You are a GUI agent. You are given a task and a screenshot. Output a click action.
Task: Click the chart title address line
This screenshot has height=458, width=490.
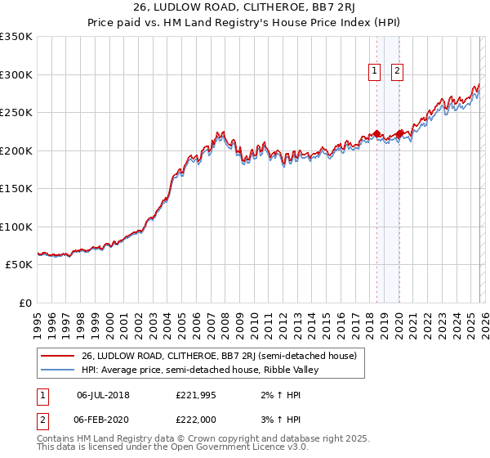[x=244, y=7]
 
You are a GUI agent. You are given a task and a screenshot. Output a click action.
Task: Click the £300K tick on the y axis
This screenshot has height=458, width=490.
[x=16, y=74]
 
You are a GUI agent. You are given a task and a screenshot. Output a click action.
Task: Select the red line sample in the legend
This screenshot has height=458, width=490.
[x=56, y=356]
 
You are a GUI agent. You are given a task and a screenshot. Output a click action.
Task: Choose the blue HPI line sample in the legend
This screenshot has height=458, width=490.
[x=56, y=370]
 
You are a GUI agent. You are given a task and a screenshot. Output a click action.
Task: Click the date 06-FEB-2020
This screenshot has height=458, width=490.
[x=103, y=419]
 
